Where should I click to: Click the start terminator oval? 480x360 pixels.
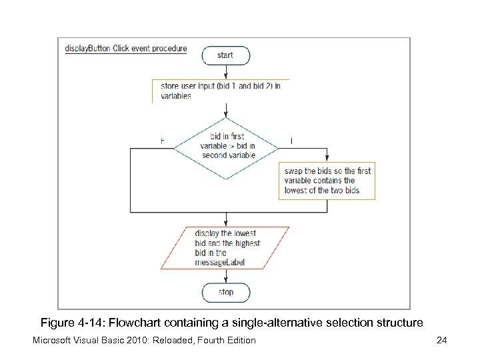click(225, 55)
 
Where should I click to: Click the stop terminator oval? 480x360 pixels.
click(226, 292)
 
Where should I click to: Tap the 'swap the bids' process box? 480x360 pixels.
click(327, 181)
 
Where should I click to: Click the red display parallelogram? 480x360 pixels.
click(226, 247)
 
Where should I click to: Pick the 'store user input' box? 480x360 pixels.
click(220, 90)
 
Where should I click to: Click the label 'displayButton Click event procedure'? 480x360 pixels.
click(126, 49)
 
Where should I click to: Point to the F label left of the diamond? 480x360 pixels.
click(163, 141)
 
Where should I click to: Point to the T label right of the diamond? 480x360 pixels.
click(291, 141)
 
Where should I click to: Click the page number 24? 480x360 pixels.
click(441, 341)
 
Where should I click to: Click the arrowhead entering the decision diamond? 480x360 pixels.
click(227, 113)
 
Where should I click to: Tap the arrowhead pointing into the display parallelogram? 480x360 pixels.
click(227, 223)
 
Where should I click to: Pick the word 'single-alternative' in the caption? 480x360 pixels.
click(271, 323)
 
